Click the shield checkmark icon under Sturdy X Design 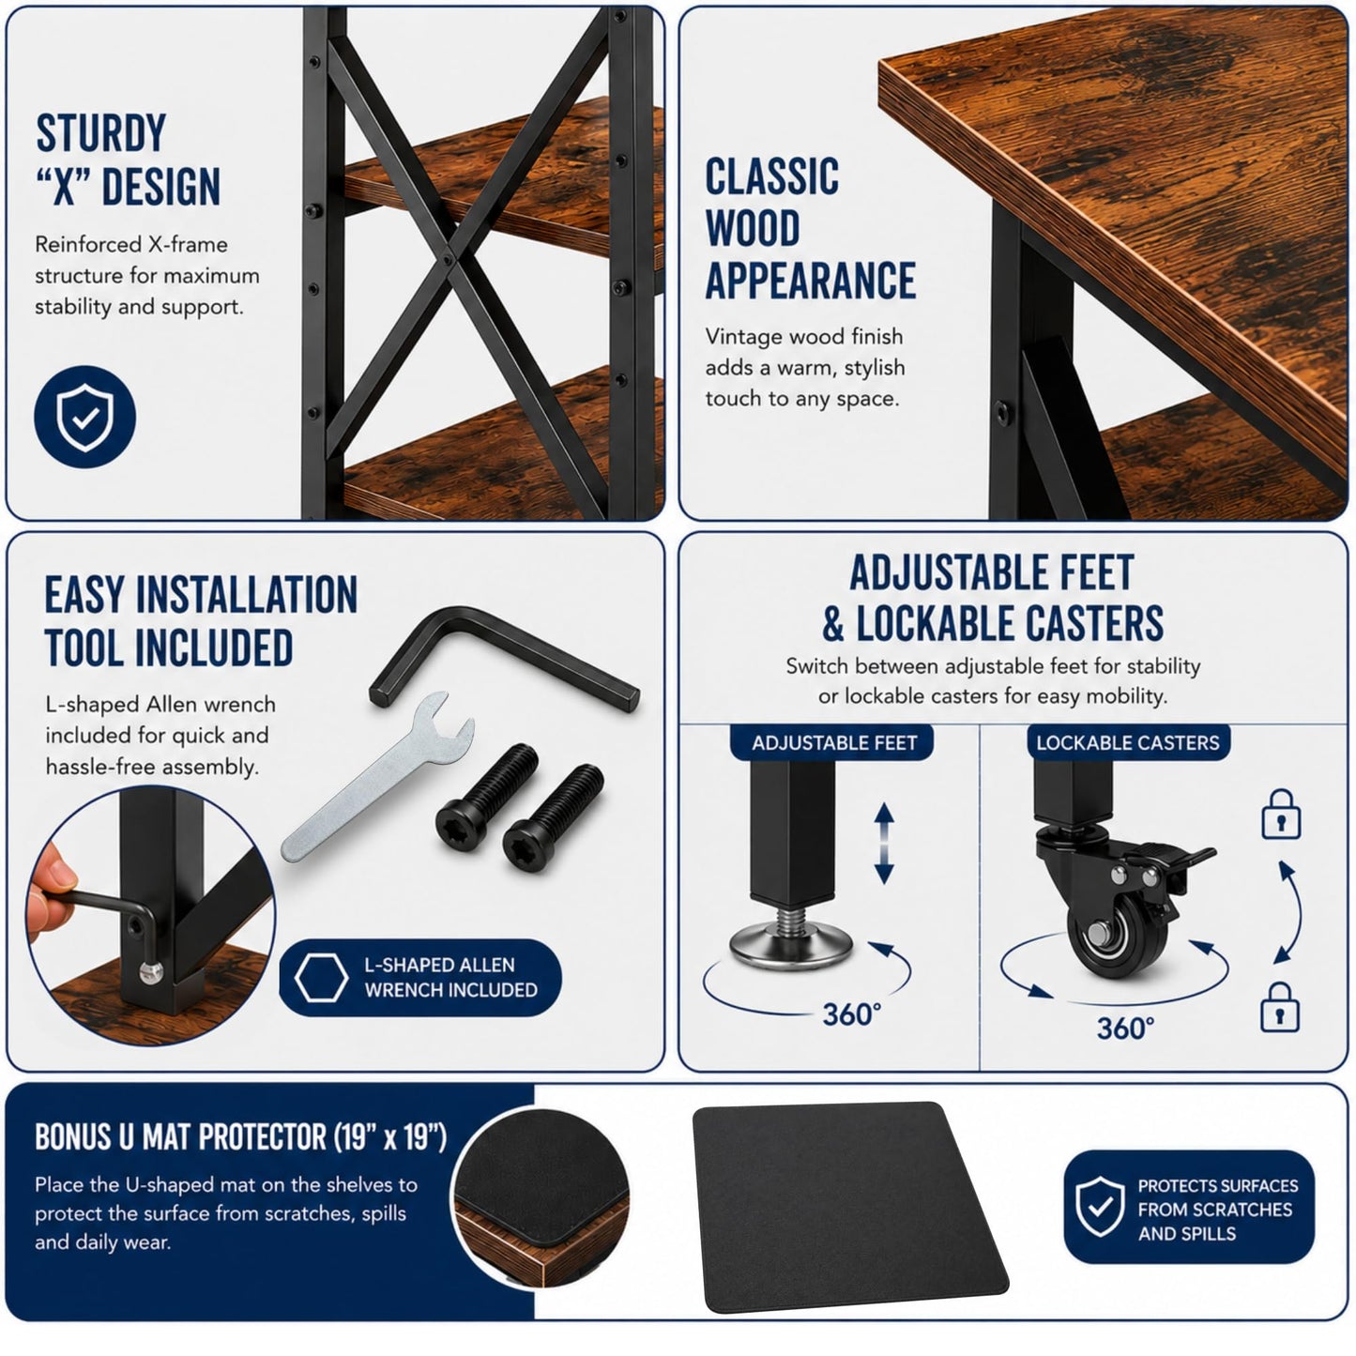point(84,417)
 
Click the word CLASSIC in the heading point(771,175)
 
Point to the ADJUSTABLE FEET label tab point(833,743)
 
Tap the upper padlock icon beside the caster point(1281,815)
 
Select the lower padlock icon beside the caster point(1279,1008)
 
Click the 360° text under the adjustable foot point(851,1014)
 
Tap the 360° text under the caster point(1125,1028)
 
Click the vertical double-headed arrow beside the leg point(884,843)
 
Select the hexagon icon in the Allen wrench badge point(321,978)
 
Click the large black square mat point(850,1210)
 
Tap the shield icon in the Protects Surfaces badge point(1101,1206)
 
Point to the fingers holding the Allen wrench point(49,891)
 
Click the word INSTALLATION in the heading point(246,595)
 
